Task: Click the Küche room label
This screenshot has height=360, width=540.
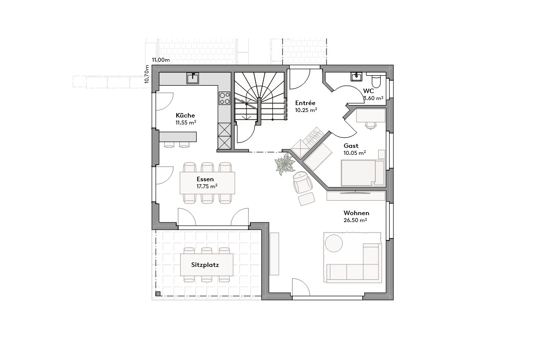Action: (x=185, y=115)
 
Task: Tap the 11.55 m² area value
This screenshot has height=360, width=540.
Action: (x=185, y=122)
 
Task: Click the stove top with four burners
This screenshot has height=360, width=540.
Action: (x=224, y=98)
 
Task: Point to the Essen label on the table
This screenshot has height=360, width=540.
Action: (x=205, y=179)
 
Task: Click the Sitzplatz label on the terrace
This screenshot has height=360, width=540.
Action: (x=205, y=265)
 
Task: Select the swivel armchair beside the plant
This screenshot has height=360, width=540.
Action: (x=302, y=182)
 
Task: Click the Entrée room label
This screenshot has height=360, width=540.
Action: (x=305, y=103)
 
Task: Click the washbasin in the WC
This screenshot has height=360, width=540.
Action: (x=356, y=77)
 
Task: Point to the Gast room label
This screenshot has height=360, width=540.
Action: (x=351, y=146)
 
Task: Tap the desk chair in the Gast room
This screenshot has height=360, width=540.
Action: (x=371, y=125)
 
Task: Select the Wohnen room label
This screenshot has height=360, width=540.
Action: (x=356, y=213)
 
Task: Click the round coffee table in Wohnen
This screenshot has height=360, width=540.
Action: (x=333, y=243)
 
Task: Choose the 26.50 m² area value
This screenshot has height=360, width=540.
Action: (x=356, y=220)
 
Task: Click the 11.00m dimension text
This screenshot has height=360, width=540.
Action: (x=161, y=60)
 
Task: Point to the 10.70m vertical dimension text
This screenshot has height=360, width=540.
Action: (x=147, y=74)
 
